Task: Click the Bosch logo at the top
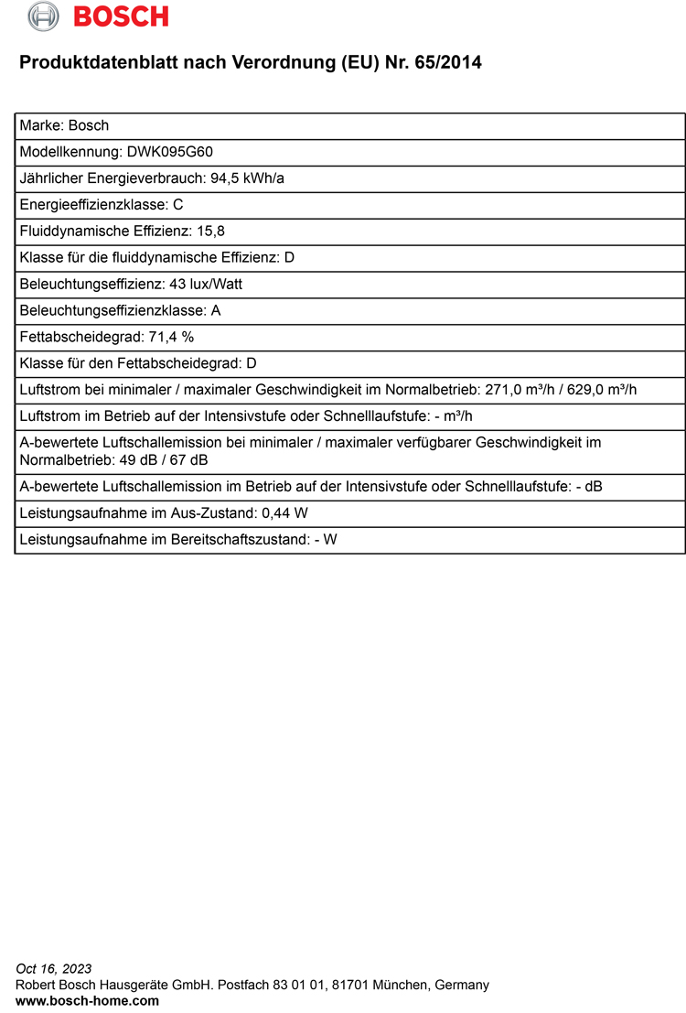pos(98,16)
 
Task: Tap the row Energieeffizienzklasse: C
pos(102,205)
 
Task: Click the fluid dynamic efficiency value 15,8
pos(211,232)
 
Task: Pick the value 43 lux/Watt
pos(206,285)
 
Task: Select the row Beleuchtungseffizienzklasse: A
pos(120,311)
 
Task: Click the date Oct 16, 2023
pos(54,969)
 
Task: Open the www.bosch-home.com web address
pos(87,1001)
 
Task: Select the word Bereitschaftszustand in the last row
pos(238,540)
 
